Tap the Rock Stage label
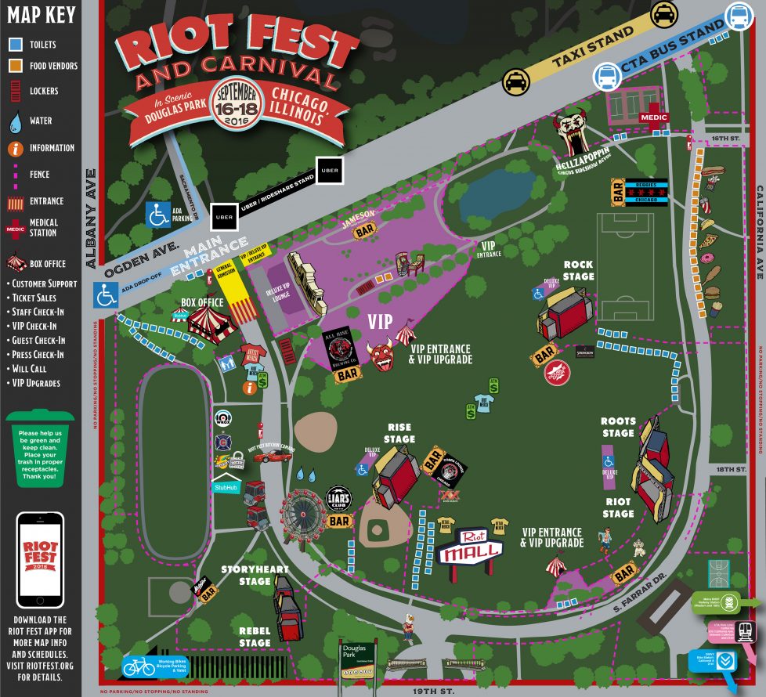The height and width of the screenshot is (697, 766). click(x=579, y=270)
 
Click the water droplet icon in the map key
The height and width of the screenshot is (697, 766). click(x=15, y=121)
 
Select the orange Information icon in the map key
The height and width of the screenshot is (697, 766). click(x=15, y=148)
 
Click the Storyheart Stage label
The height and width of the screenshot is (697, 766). click(x=255, y=575)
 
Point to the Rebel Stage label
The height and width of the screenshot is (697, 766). click(x=255, y=637)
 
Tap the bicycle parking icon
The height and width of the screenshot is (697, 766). click(x=139, y=666)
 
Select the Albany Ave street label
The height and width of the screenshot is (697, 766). click(x=92, y=218)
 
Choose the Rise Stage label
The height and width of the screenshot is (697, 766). click(x=399, y=433)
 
